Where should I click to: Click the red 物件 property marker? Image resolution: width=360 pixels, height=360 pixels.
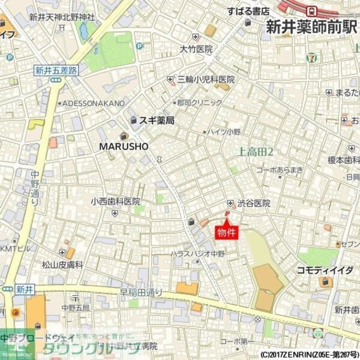(227, 232)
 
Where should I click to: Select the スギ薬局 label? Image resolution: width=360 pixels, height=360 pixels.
(157, 121)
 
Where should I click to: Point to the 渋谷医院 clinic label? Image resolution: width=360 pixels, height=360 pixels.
(253, 203)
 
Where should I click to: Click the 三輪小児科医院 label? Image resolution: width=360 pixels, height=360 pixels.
(205, 79)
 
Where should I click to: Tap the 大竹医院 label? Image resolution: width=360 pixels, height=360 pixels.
(196, 49)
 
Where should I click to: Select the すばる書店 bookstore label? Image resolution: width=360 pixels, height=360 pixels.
(248, 10)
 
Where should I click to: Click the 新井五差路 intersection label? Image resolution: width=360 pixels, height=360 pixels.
(55, 70)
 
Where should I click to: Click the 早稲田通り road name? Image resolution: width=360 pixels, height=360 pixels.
(141, 292)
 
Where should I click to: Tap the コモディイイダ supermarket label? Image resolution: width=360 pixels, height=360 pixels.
(325, 271)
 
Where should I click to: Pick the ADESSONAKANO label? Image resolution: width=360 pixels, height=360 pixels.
(94, 103)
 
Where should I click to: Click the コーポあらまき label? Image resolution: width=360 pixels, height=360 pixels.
(280, 170)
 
